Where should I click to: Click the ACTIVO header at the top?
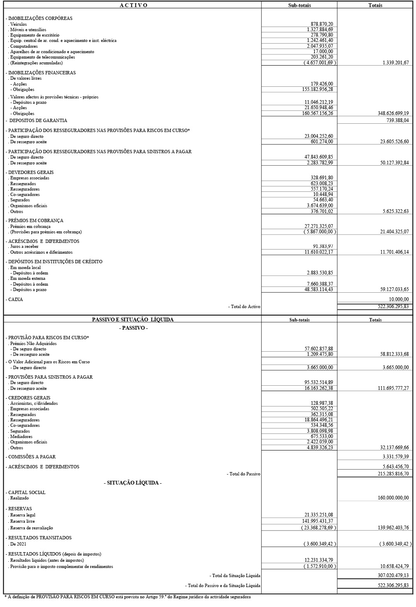coord(133,5)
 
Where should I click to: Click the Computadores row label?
coord(24,47)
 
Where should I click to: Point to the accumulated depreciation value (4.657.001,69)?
coord(319,63)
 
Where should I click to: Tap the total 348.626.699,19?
coord(388,113)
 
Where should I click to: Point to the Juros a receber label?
coord(24,247)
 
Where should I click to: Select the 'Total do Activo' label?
coord(244,306)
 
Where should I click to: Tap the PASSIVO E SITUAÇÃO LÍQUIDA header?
coord(133,320)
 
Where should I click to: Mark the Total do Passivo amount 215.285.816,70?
coord(388,474)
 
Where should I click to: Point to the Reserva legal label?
coord(22,515)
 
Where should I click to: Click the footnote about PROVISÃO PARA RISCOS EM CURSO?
coord(127,597)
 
